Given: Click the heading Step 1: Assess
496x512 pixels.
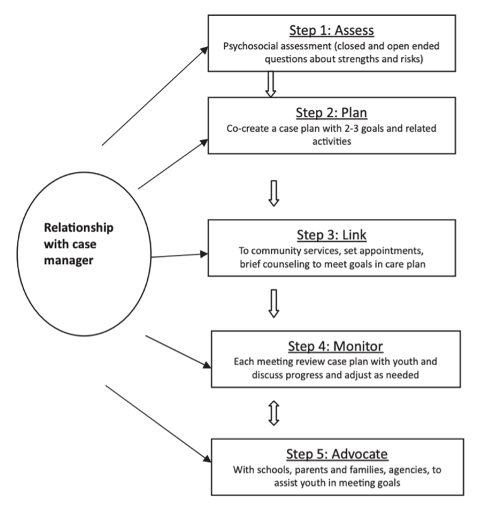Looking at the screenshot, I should tap(332, 31).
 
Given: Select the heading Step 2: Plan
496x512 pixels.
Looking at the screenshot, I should tap(332, 113).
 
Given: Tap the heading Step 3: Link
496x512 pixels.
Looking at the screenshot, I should tap(332, 235).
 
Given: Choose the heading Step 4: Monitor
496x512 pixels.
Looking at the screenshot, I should tap(336, 346).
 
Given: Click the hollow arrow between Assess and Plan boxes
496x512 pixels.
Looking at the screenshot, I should tap(270, 84).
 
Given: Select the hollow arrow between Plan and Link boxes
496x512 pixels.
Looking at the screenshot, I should tap(273, 194).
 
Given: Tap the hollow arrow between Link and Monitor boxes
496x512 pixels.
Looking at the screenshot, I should tap(273, 303).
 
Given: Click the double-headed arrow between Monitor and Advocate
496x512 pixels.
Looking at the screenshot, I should tap(274, 413).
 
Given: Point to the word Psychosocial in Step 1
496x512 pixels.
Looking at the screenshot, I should tap(255, 46).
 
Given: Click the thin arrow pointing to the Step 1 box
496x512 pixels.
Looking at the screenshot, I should tap(155, 95).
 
